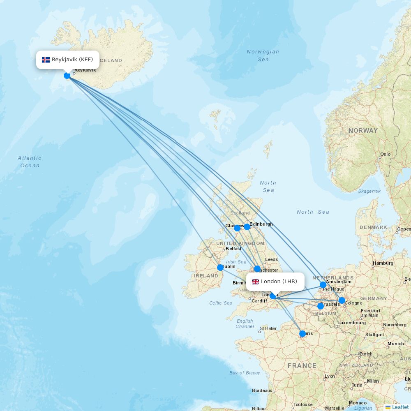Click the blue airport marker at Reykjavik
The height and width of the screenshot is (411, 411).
[x=67, y=75]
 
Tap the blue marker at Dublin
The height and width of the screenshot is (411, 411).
[x=220, y=267]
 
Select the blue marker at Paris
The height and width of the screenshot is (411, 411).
[x=302, y=334]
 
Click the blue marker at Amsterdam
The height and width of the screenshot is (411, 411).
[x=323, y=284]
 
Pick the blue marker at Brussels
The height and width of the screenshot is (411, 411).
[x=321, y=306]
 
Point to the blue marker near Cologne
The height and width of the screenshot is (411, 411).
[x=342, y=300]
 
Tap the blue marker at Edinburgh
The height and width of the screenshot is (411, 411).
[x=247, y=226]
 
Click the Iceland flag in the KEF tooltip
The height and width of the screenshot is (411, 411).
[x=46, y=60]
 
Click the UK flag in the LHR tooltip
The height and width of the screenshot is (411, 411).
[x=255, y=282]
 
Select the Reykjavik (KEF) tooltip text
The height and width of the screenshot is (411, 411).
[x=72, y=60]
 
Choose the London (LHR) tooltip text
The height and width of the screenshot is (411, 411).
[x=279, y=282]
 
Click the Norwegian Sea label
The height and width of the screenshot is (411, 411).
[x=263, y=55]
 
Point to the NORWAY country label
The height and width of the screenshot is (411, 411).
[x=363, y=131]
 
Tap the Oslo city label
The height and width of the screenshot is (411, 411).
[x=386, y=154]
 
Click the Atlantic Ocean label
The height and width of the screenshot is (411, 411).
[x=30, y=162]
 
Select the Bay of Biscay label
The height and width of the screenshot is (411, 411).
[x=245, y=373]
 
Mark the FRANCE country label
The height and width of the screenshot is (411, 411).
[x=302, y=366]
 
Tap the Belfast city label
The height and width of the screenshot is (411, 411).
[x=233, y=249]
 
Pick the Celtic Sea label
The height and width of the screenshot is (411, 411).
[x=221, y=303]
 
